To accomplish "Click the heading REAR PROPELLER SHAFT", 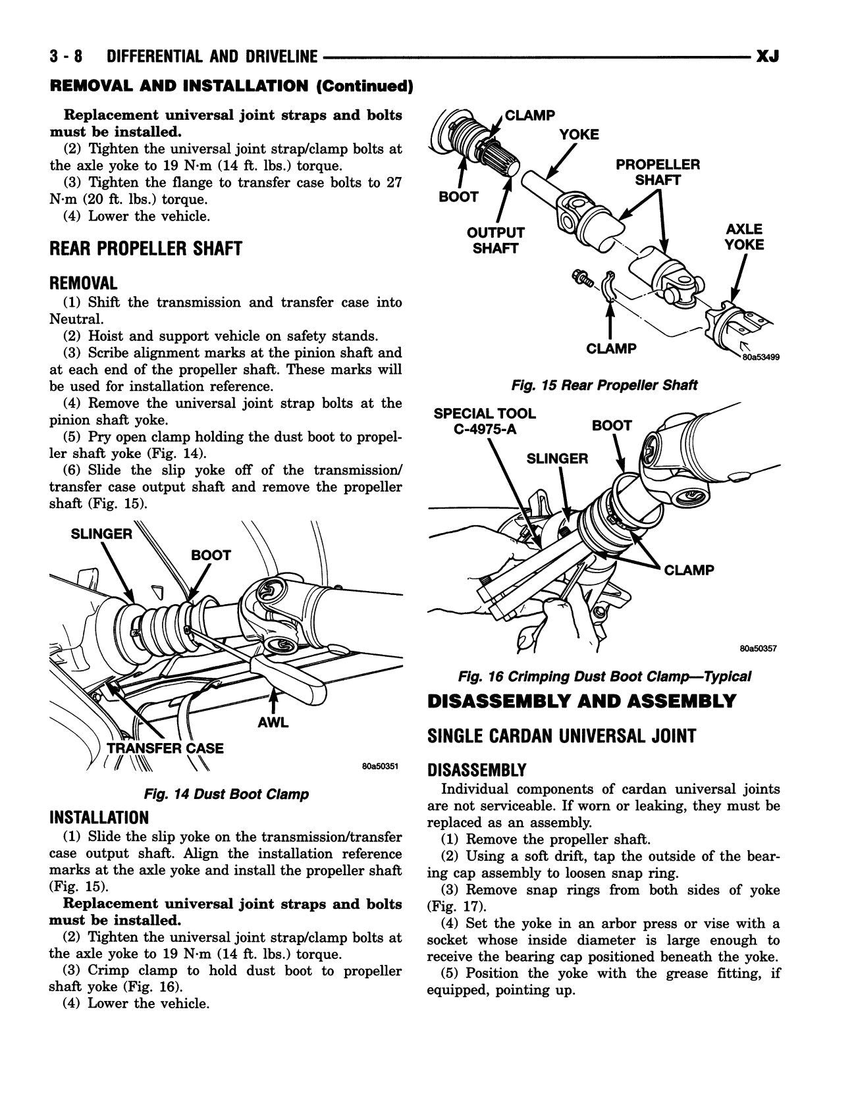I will click(146, 249).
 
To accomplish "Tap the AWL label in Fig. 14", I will click(273, 723).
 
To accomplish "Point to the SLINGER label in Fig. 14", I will click(101, 534).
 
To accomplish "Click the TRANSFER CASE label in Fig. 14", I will click(165, 748).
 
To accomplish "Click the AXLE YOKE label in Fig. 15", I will click(744, 237).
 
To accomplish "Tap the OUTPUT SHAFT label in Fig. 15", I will click(495, 240).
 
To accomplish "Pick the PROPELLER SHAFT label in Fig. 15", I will click(657, 172).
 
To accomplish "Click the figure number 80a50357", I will click(758, 648).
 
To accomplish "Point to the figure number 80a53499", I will click(761, 358).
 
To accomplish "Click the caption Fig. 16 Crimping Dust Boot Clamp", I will click(604, 676).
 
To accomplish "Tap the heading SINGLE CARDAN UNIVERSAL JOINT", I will click(561, 736).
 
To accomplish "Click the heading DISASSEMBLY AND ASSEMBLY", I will click(581, 702).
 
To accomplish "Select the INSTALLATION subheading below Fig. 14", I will click(99, 818).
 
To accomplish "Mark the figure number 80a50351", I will click(380, 767).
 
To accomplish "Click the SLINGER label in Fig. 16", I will click(557, 458).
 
